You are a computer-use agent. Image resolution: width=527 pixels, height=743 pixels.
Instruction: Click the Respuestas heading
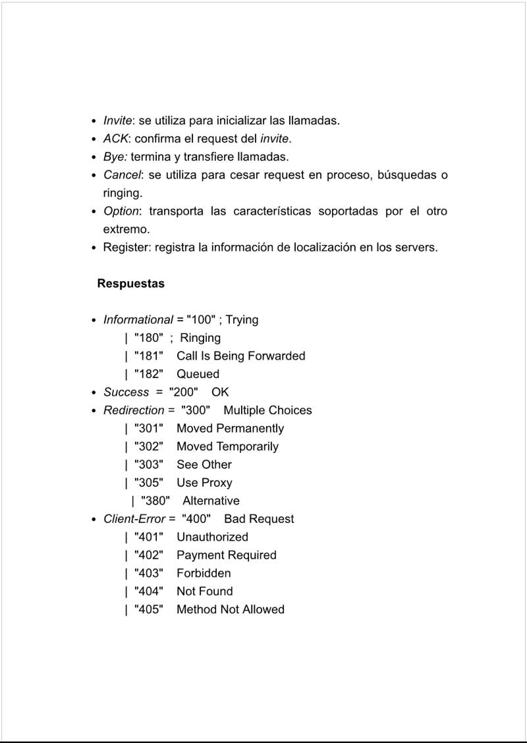tap(130, 284)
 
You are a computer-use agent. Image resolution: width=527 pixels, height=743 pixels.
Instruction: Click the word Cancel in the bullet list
tap(122, 175)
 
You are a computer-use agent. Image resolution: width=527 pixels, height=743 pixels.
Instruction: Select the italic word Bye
tap(115, 157)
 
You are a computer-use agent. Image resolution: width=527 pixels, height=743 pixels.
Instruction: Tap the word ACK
tap(116, 139)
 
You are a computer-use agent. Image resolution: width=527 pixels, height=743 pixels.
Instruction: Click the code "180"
tap(148, 338)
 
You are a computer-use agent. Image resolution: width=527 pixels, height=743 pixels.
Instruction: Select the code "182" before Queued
tap(148, 374)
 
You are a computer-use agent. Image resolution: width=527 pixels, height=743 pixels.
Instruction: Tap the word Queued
tap(198, 374)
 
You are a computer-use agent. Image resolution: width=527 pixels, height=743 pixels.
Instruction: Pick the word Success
tap(126, 392)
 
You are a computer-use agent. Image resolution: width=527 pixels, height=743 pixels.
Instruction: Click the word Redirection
tap(134, 410)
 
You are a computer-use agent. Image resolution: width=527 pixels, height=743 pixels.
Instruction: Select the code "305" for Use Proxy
tap(148, 483)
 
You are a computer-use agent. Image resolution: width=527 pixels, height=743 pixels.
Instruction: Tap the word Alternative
tap(211, 501)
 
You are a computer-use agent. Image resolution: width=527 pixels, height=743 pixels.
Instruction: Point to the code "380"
tap(155, 501)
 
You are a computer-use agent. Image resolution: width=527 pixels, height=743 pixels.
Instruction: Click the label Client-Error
tap(134, 519)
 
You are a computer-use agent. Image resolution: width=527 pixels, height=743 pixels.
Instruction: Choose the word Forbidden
tap(204, 573)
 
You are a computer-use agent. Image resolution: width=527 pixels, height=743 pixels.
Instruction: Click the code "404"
tap(148, 592)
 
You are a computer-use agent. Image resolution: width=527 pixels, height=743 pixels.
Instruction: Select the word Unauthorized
tap(212, 537)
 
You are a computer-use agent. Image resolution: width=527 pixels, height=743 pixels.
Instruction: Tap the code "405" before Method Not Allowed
tap(148, 609)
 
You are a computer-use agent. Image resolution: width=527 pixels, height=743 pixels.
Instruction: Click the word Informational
tap(138, 320)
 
